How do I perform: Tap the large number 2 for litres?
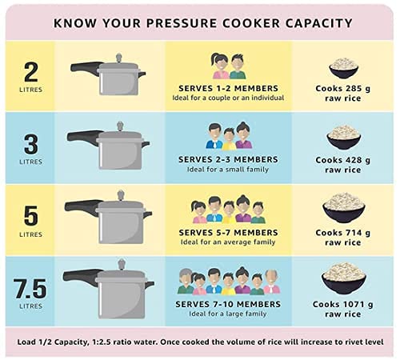[x=31, y=72]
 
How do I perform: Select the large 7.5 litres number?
[x=30, y=289]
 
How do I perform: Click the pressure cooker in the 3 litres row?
[x=108, y=146]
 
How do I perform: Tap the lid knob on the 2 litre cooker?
[x=118, y=58]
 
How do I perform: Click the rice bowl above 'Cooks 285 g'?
[x=343, y=68]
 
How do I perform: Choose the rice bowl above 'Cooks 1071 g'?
[x=343, y=278]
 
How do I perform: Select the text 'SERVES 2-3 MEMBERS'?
[x=228, y=159]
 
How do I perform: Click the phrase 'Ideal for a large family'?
[x=228, y=314]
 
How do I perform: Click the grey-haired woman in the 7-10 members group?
[x=186, y=282]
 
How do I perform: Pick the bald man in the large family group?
[x=272, y=282]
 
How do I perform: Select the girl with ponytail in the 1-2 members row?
[x=220, y=66]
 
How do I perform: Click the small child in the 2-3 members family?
[x=229, y=138]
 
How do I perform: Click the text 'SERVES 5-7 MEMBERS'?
[x=228, y=233]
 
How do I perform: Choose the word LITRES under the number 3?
[x=31, y=162]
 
